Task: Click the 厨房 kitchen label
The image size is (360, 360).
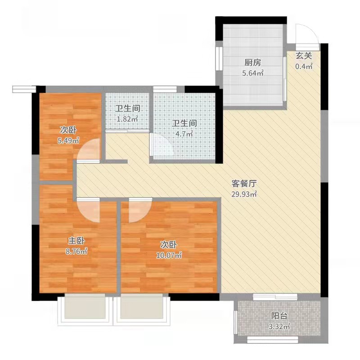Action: tap(253, 63)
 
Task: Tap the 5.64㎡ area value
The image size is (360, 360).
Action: tap(253, 73)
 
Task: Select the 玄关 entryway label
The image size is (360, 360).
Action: tap(303, 56)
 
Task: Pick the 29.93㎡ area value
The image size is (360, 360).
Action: tap(244, 194)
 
